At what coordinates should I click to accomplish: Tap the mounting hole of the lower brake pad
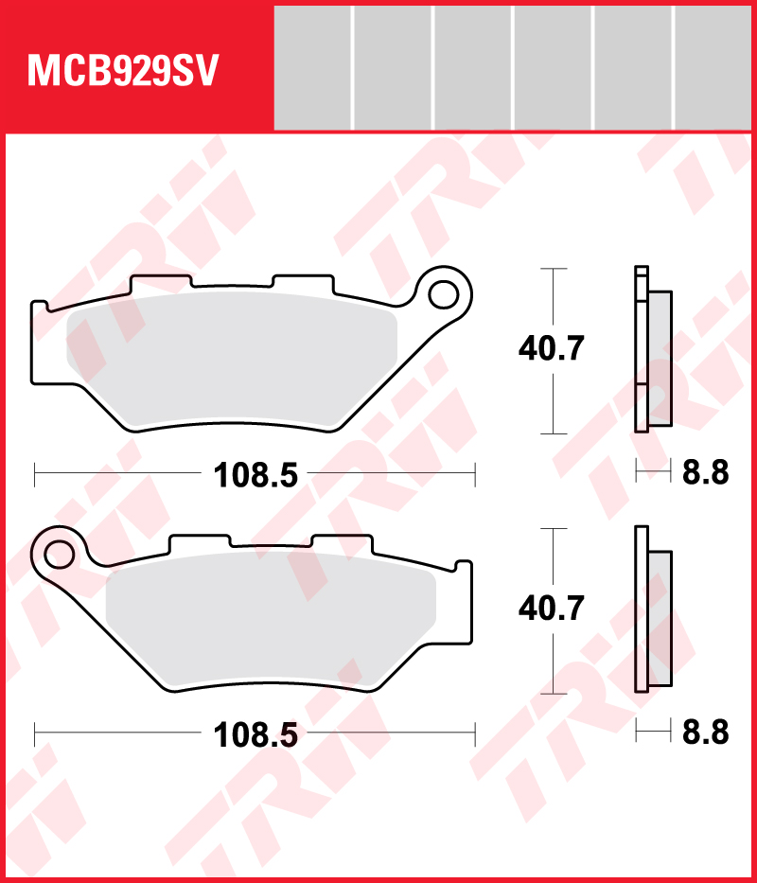click(x=59, y=552)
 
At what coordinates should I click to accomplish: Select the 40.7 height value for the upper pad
click(x=552, y=349)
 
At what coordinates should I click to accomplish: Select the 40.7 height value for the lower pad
click(x=552, y=608)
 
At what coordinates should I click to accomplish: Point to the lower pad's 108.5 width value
click(x=255, y=733)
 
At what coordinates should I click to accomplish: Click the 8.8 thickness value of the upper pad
click(x=705, y=472)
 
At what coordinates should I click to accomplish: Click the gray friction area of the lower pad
click(x=270, y=625)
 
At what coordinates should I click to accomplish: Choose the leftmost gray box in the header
click(x=312, y=68)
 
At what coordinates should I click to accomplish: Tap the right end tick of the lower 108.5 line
click(x=473, y=733)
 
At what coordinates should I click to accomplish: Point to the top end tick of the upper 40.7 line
click(x=552, y=270)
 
